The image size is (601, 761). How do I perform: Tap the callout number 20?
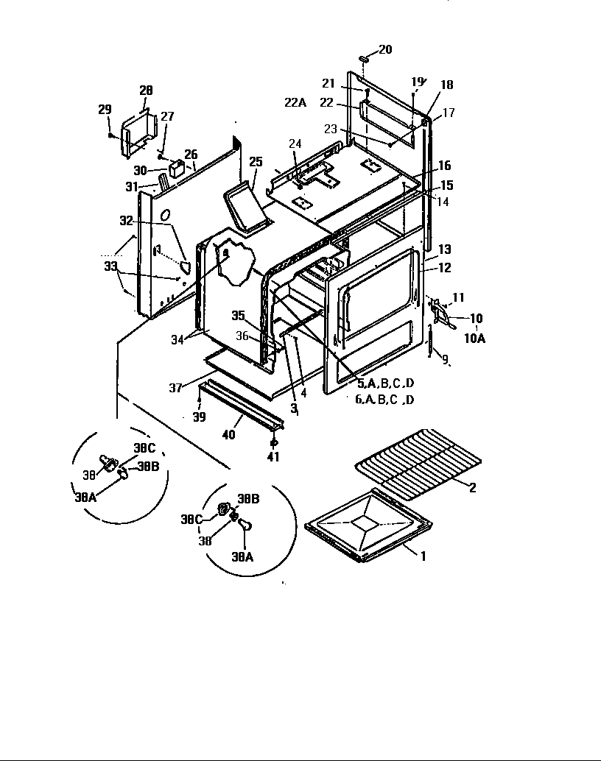pyautogui.click(x=385, y=50)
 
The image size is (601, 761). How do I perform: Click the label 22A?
pyautogui.click(x=295, y=102)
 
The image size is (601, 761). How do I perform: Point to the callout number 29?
pyautogui.click(x=105, y=110)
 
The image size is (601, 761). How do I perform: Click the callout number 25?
pyautogui.click(x=256, y=161)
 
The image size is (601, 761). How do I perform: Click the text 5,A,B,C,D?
pyautogui.click(x=386, y=384)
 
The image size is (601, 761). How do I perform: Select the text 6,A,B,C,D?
pyautogui.click(x=384, y=400)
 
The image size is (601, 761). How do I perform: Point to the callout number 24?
pyautogui.click(x=295, y=143)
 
